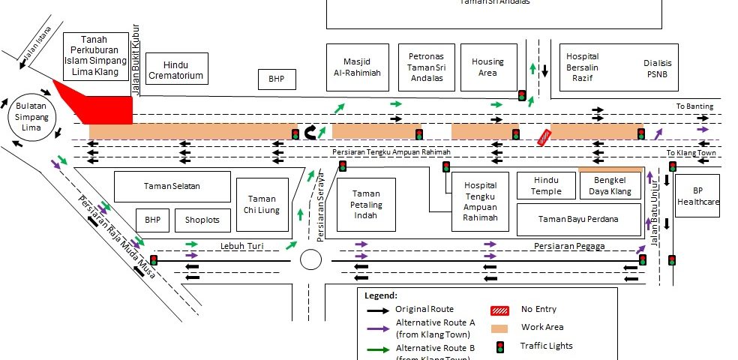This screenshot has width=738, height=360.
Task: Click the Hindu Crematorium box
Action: click(x=176, y=68)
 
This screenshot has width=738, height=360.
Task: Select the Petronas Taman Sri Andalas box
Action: click(x=426, y=67)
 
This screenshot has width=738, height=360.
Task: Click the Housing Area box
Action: click(x=487, y=67)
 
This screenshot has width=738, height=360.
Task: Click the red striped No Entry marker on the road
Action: click(x=544, y=136)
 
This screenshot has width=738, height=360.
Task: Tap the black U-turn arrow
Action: click(x=310, y=133)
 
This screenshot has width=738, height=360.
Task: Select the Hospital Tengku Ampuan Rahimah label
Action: click(x=481, y=201)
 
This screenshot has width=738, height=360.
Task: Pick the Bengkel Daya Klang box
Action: click(x=610, y=186)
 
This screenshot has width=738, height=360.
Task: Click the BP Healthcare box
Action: click(x=697, y=196)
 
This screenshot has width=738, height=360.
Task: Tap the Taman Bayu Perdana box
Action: click(x=578, y=220)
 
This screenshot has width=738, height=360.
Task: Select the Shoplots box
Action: click(x=203, y=220)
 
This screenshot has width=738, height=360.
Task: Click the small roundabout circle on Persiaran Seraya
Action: click(x=310, y=259)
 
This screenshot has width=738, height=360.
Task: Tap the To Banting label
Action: click(x=694, y=106)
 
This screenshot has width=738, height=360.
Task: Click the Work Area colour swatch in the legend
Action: click(x=499, y=328)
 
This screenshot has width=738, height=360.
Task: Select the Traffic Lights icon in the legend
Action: click(x=499, y=346)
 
